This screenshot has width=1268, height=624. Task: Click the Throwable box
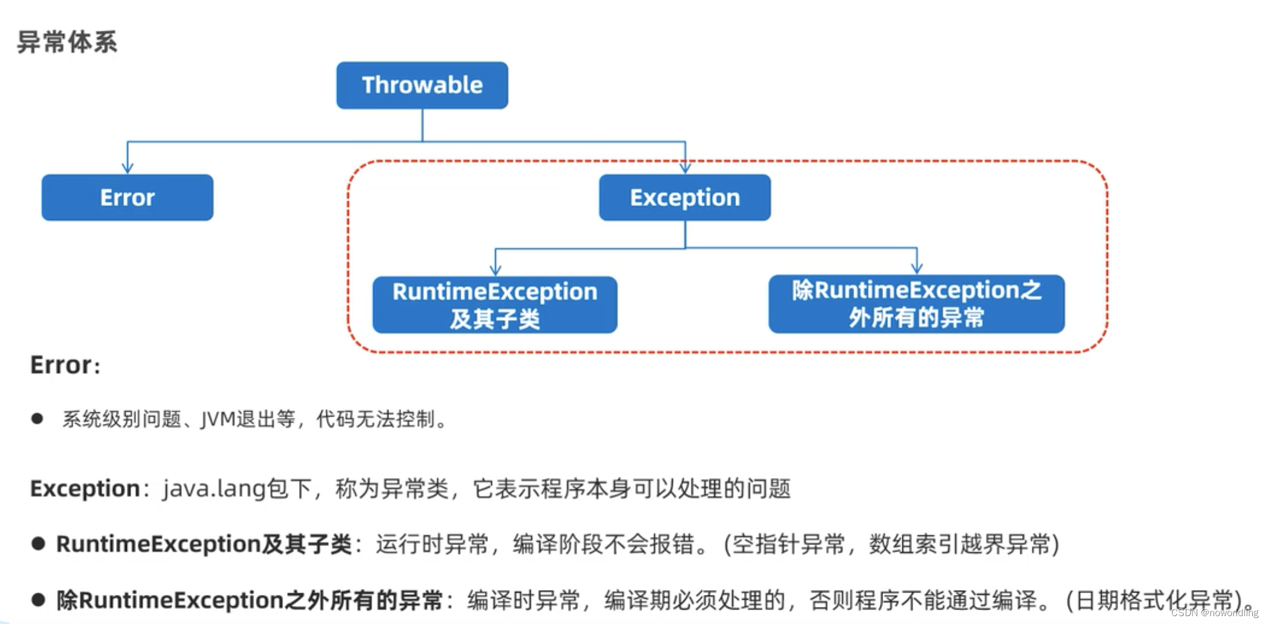tap(422, 85)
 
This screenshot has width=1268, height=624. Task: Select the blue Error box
tap(127, 198)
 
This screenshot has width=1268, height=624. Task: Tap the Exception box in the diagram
tap(685, 198)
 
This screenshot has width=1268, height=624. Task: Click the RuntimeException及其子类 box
tap(494, 305)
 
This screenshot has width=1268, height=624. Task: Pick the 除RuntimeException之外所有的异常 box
tap(916, 304)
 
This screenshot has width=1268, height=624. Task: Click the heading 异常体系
tap(67, 42)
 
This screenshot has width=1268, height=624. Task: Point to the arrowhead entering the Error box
tap(128, 168)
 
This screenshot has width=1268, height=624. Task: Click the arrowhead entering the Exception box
tap(685, 168)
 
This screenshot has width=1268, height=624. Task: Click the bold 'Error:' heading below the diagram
tap(65, 365)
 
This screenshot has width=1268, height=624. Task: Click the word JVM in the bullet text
tap(218, 419)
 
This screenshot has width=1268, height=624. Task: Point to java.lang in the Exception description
tap(214, 489)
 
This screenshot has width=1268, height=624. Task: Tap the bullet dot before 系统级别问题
tap(37, 418)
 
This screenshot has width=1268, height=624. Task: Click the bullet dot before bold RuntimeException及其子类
tap(39, 544)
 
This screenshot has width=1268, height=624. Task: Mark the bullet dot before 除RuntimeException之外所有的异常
tap(39, 600)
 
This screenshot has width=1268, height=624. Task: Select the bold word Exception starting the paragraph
tap(85, 489)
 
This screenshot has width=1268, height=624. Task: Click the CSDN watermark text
tap(1214, 613)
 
